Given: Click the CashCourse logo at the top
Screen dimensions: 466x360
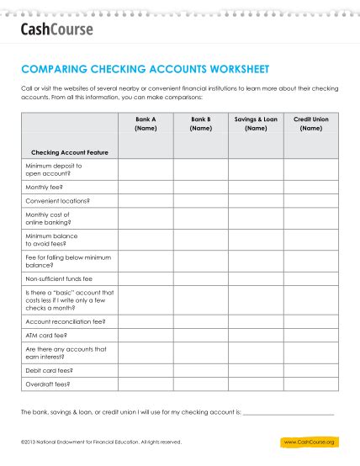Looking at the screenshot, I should (56, 30).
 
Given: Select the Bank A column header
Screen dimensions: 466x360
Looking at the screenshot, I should (146, 124).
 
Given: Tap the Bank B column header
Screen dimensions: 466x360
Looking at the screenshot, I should (200, 124).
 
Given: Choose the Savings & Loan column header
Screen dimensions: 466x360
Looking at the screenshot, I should (256, 124).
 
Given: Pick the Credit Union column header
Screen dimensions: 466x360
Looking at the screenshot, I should (310, 124).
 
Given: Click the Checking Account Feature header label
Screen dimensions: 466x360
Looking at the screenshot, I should (70, 152).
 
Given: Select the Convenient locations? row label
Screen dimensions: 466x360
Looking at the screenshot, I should (57, 201).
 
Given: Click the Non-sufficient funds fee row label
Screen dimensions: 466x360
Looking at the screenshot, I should (59, 278).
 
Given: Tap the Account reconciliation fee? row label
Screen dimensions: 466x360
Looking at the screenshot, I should (66, 321).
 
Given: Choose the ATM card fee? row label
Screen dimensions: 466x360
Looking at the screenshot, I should (47, 335).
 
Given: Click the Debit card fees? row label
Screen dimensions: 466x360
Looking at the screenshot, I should (50, 369).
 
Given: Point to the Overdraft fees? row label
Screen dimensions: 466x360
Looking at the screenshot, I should (48, 384).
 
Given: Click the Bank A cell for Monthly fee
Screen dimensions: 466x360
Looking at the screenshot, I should (146, 187).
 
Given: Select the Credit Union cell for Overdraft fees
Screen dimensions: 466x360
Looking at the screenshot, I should (310, 384).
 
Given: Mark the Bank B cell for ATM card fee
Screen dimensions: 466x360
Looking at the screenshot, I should (200, 335).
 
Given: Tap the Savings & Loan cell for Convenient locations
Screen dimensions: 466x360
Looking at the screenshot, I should (256, 201).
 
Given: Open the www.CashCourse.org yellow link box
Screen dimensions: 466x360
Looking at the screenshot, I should (310, 442).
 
